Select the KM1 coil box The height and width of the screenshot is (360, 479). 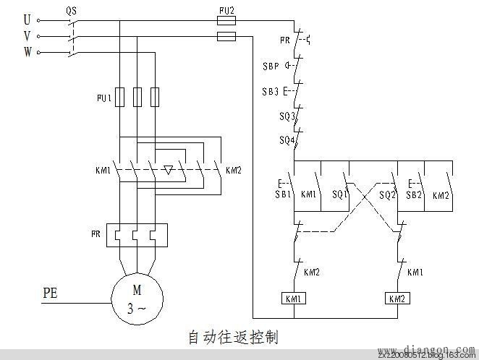(294, 298)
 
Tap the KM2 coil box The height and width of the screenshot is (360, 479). (397, 298)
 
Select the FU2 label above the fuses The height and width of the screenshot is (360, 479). (226, 10)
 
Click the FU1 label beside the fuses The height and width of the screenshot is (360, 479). (103, 96)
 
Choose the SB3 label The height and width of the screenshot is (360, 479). (270, 91)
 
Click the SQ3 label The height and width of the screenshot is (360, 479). (287, 116)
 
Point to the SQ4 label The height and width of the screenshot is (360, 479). (287, 140)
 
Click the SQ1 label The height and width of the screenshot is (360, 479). (339, 195)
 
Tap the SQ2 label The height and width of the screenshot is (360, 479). (388, 195)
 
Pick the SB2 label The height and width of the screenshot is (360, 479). (413, 195)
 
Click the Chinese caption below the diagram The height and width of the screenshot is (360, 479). (233, 337)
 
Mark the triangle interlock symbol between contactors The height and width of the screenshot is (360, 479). (168, 171)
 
